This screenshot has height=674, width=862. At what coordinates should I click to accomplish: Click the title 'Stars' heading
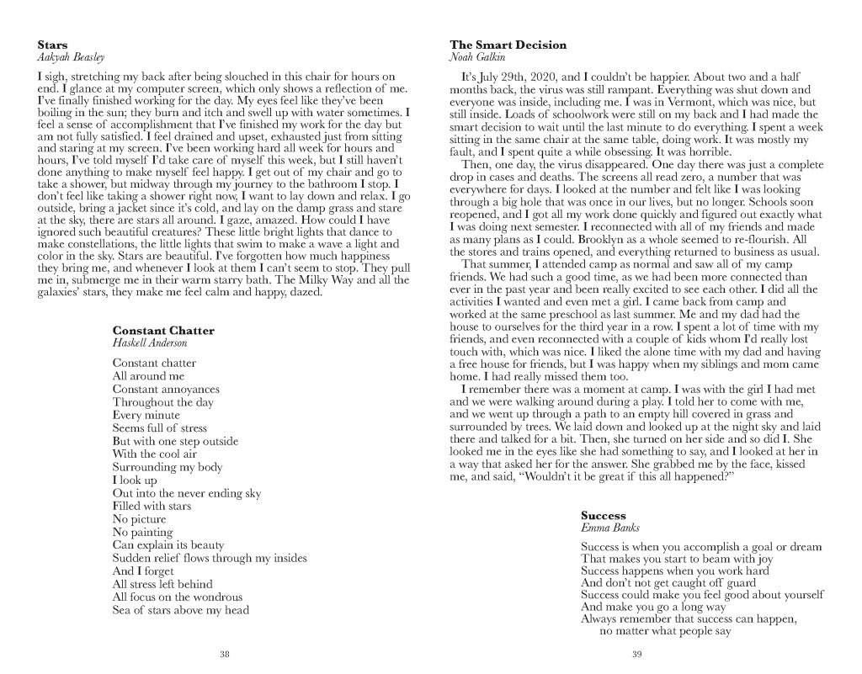click(x=53, y=44)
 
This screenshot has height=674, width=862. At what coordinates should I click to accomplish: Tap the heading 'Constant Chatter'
click(x=163, y=331)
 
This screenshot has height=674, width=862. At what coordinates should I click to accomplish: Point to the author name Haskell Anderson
click(x=150, y=343)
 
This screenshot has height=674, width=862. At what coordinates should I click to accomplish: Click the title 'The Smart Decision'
click(x=508, y=45)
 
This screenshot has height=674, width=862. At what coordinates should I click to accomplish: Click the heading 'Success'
click(x=604, y=515)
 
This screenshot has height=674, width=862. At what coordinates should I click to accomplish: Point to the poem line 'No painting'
click(x=142, y=532)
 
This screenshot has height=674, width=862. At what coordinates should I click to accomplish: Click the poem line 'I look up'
click(x=135, y=480)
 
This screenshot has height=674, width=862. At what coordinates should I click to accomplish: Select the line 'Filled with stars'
click(x=152, y=506)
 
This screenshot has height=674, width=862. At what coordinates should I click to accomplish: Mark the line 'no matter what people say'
click(x=664, y=632)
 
